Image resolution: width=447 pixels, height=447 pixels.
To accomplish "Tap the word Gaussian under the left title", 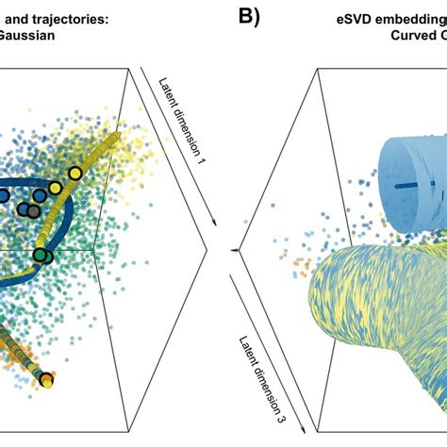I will coord(26,37).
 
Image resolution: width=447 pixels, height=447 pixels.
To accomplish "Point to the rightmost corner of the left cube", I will coord(207,250).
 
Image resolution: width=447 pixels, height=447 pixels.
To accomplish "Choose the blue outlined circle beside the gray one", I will coord(5,195).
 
